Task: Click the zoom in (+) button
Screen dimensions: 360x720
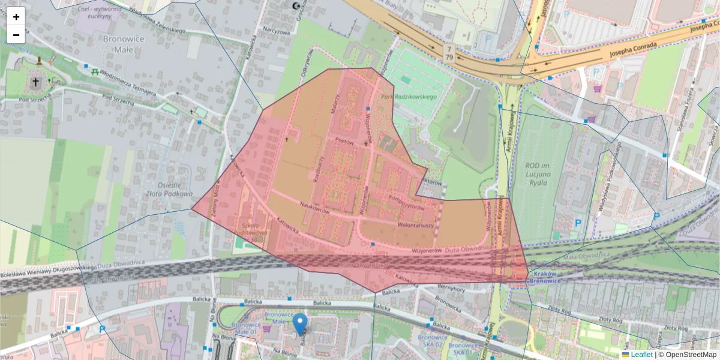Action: pyautogui.click(x=16, y=17)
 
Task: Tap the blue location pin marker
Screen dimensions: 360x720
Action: pyautogui.click(x=301, y=324)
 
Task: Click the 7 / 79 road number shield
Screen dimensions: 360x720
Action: pyautogui.click(x=449, y=52)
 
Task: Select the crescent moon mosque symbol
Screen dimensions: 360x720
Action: pyautogui.click(x=295, y=6)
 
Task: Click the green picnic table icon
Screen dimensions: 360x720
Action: pyautogui.click(x=95, y=71)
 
